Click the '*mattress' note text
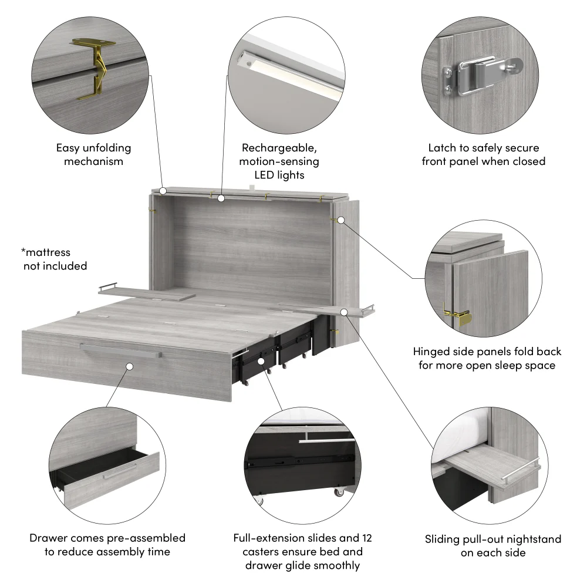click(x=46, y=252)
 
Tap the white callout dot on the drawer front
click(x=129, y=366)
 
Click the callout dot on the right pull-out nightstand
click(x=345, y=312)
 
